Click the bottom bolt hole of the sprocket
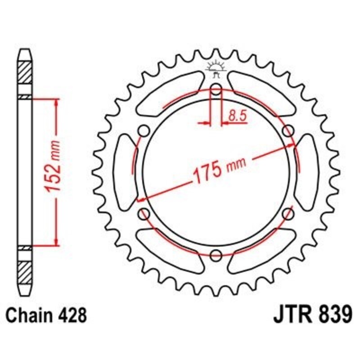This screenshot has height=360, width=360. tap(216, 256)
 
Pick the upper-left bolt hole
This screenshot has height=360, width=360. tap(144, 130)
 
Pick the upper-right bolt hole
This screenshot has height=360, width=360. tap(288, 130)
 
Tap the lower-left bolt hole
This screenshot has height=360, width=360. tap(144, 214)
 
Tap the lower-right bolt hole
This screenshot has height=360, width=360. tap(288, 214)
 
